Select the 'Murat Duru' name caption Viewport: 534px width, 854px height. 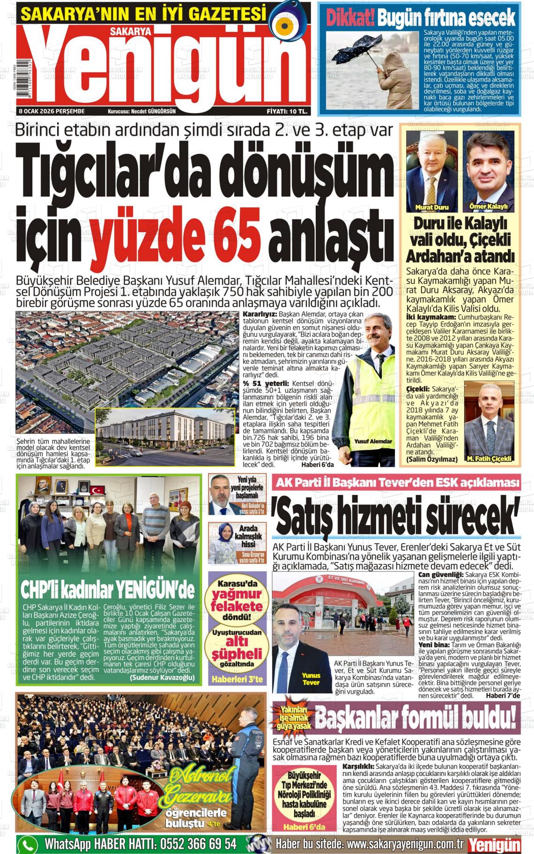tap(431, 207)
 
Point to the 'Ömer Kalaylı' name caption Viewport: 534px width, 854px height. tap(488, 206)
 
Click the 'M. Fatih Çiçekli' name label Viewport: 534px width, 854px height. tap(489, 459)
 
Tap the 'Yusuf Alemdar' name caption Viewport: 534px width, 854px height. tap(373, 441)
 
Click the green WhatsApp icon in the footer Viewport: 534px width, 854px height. tap(27, 844)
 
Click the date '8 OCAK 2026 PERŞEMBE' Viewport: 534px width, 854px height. tap(52, 111)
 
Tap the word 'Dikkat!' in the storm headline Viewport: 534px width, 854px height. tap(350, 19)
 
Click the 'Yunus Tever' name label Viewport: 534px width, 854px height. tap(311, 679)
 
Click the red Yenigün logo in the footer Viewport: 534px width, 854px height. tap(495, 845)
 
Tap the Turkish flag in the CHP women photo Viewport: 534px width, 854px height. tap(98, 490)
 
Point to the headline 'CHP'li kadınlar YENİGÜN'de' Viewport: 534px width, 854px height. tap(107, 591)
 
